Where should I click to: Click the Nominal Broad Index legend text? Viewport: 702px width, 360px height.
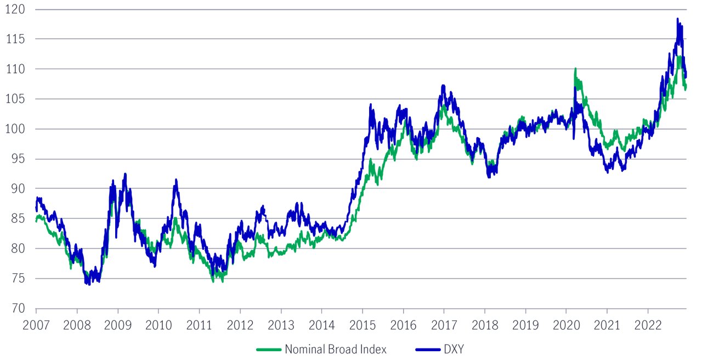pyautogui.click(x=336, y=350)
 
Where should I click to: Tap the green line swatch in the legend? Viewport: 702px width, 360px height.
pyautogui.click(x=269, y=350)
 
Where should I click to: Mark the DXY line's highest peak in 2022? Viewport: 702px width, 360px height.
pyautogui.click(x=678, y=19)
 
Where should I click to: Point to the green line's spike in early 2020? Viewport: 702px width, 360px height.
pyautogui.click(x=575, y=69)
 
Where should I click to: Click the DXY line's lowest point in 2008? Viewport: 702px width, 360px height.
pyautogui.click(x=88, y=284)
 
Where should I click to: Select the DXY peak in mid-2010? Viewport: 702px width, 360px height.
pyautogui.click(x=175, y=179)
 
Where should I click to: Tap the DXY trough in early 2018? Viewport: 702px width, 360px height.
pyautogui.click(x=489, y=177)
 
